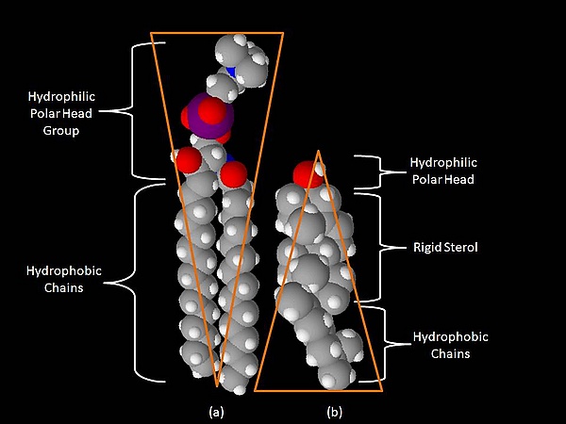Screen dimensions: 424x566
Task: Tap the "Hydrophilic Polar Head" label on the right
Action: [442, 171]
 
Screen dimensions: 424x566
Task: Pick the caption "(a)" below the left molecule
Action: [216, 412]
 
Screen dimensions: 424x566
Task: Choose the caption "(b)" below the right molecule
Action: [334, 412]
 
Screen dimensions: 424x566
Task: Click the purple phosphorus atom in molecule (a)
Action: [200, 111]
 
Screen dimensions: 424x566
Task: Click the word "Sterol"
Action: [459, 247]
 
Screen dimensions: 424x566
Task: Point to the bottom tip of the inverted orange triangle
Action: [217, 386]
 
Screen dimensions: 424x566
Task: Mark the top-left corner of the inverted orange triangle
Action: [152, 33]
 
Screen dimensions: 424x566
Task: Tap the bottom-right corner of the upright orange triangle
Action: [382, 389]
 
